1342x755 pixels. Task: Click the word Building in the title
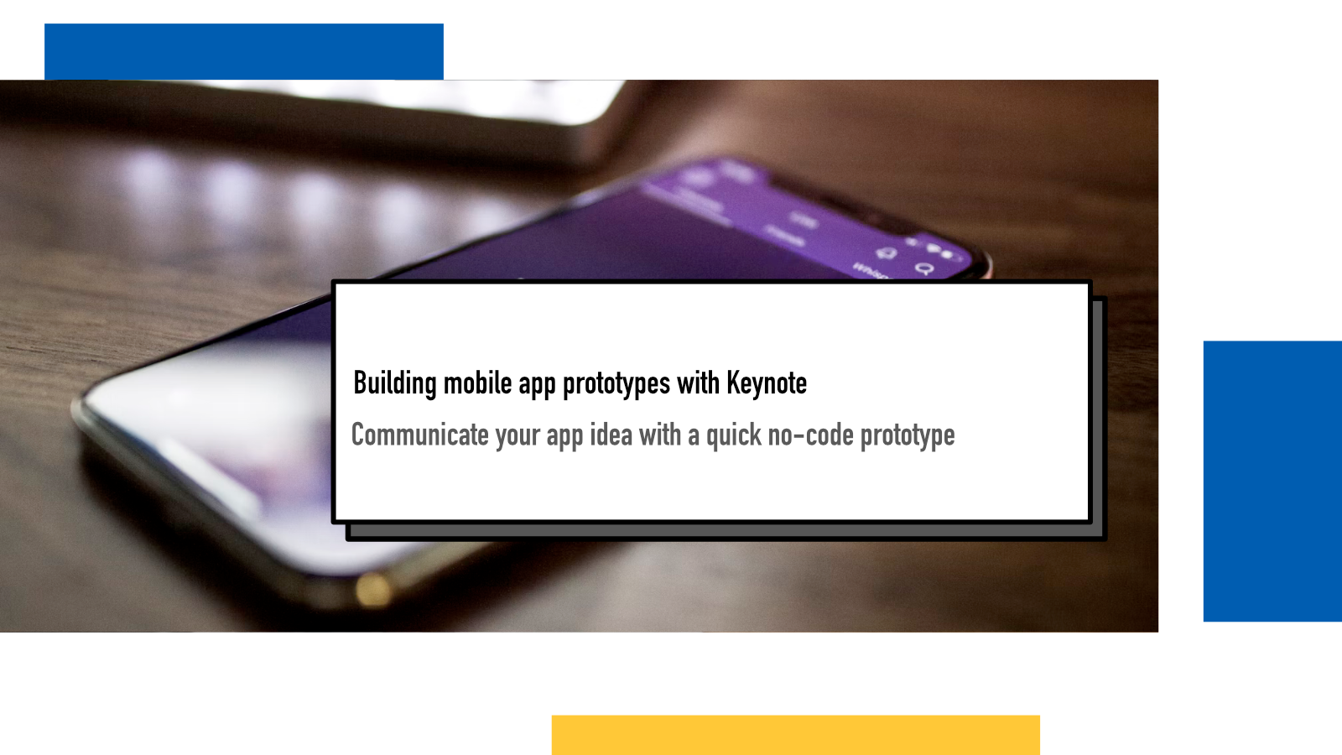(395, 383)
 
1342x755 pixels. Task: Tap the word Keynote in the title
(767, 383)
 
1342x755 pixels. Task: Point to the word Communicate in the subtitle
(419, 435)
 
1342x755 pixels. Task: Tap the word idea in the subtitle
(611, 435)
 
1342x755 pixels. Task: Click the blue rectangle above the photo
(244, 51)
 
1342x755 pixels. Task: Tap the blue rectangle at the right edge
(1272, 482)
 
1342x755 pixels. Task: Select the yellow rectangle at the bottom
(796, 735)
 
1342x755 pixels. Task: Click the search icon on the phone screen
(925, 268)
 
